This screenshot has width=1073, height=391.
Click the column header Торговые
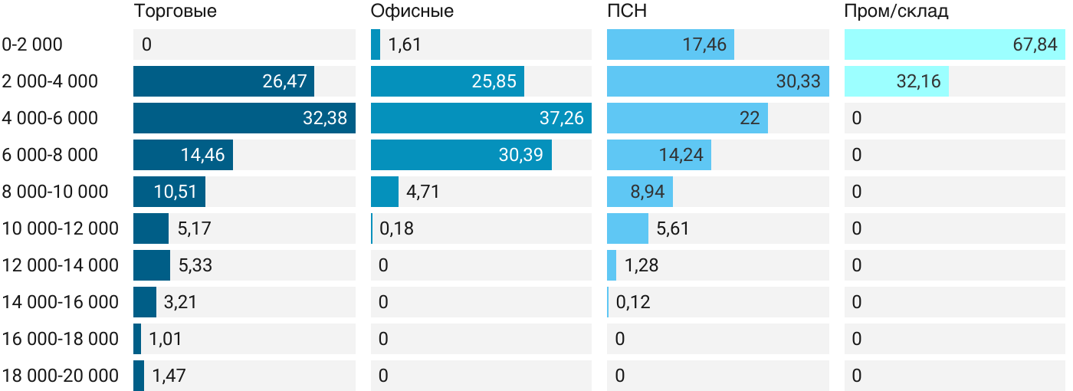point(175,11)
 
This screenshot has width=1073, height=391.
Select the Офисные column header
point(412,11)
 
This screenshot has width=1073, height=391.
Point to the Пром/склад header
point(896,11)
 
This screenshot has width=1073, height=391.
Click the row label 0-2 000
point(32,44)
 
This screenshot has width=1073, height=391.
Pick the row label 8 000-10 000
point(55,192)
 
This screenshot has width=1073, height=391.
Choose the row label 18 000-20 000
point(61,376)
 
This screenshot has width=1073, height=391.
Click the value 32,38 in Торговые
point(325,118)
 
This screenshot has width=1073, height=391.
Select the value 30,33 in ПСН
point(799,81)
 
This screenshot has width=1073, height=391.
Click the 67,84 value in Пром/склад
point(1035,44)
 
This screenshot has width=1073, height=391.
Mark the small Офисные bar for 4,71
point(385,192)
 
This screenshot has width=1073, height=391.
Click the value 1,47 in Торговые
point(169,376)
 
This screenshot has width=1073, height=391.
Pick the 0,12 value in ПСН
point(633,302)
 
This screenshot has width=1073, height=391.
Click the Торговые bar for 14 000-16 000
point(145,302)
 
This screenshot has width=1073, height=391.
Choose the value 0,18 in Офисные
point(396,228)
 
